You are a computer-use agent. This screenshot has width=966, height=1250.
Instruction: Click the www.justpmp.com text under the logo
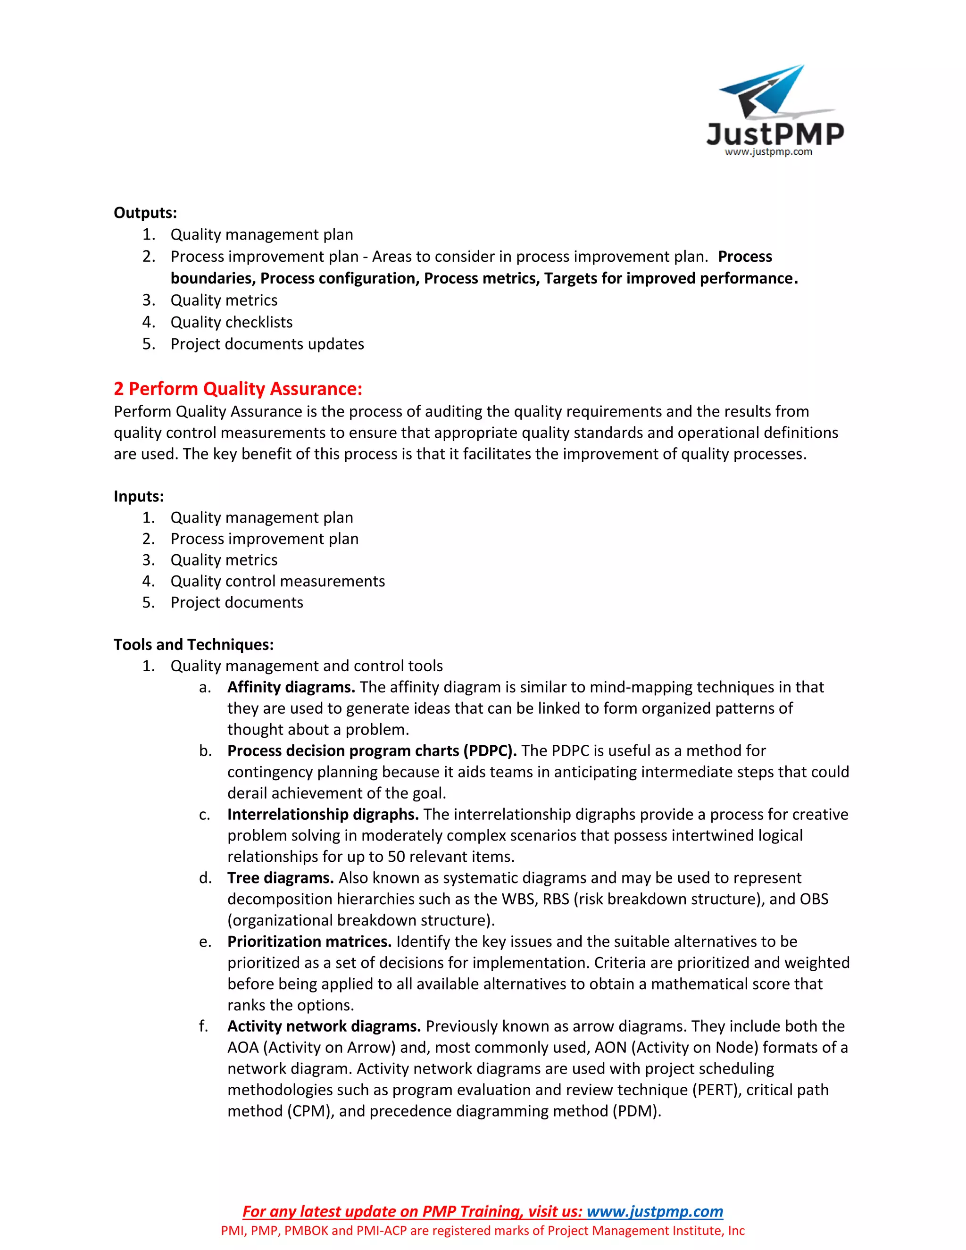768,152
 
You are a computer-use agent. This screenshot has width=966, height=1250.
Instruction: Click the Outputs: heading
145,213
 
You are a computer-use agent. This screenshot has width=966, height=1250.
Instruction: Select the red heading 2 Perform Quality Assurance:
238,389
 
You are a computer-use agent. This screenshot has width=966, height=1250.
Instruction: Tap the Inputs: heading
139,496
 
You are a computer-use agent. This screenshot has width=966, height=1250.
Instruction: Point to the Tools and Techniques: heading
193,644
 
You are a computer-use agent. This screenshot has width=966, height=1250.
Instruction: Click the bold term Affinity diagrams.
291,687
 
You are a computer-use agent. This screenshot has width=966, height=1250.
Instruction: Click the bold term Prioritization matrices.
309,942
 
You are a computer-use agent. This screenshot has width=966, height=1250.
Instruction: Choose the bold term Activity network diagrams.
324,1026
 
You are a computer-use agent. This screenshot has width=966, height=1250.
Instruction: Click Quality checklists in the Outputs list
231,322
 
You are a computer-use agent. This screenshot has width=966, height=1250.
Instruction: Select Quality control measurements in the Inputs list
277,581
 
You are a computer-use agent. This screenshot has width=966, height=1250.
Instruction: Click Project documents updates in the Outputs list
267,344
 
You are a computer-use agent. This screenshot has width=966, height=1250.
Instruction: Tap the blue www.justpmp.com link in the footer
655,1212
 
